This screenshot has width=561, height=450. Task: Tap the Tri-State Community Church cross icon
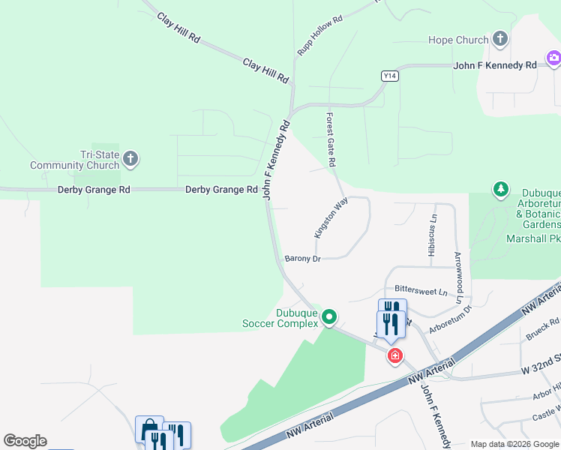130,159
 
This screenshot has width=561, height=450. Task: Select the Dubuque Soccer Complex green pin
328,318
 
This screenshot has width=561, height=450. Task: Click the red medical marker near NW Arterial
394,355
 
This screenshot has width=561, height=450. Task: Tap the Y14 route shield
389,76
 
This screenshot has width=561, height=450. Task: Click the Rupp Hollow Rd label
319,35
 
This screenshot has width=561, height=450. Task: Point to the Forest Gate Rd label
330,139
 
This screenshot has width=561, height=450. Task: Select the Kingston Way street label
331,218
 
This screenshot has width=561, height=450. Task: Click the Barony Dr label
303,259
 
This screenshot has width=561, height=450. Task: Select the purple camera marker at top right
554,57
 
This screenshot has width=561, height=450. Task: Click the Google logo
25,441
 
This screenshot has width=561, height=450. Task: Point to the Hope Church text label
457,40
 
